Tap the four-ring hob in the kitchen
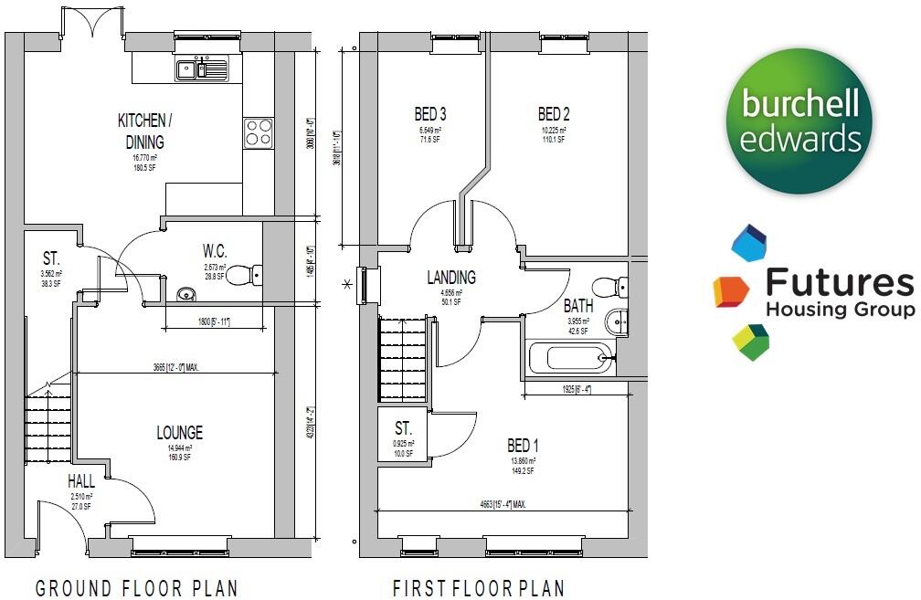coord(259,133)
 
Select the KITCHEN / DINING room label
coord(142,132)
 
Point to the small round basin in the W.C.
coord(185,294)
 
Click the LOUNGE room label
coord(179,433)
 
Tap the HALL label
coord(80,481)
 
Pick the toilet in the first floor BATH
coord(607,285)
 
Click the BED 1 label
coord(523,446)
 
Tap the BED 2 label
coord(554,114)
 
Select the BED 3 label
coord(430,114)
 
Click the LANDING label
coord(451,278)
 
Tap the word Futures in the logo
coord(838,284)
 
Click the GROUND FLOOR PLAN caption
coord(137,587)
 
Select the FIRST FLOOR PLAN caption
coord(478,587)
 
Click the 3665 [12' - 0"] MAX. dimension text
coord(175,367)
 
